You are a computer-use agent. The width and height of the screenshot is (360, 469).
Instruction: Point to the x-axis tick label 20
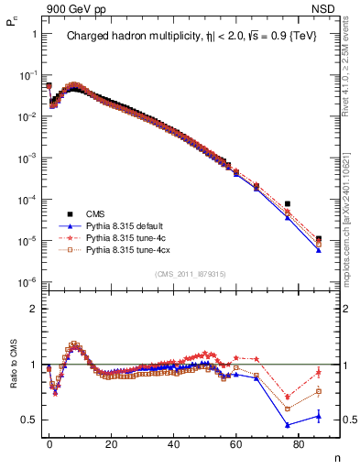pos(112,442)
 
